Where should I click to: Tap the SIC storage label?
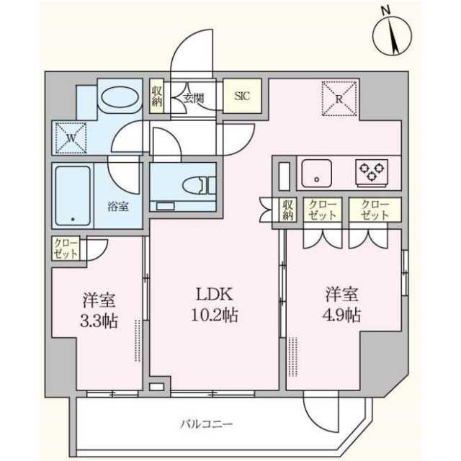[x=242, y=96]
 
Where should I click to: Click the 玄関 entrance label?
[x=194, y=98]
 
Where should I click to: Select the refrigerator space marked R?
[x=339, y=99]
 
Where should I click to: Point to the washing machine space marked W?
[x=71, y=138]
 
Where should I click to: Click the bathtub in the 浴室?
[x=73, y=196]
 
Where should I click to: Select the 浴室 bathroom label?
[x=117, y=207]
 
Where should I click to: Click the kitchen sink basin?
[x=317, y=173]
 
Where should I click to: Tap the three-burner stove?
[x=372, y=173]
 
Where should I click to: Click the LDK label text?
[x=215, y=295]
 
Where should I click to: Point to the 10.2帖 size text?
[x=215, y=315]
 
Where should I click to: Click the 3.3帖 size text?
[x=99, y=321]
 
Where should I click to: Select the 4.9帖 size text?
[x=342, y=315]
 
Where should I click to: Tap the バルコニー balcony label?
[x=207, y=424]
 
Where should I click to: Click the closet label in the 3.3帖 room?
[x=66, y=249]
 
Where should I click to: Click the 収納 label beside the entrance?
[x=157, y=96]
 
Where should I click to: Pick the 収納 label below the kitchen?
[x=288, y=210]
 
